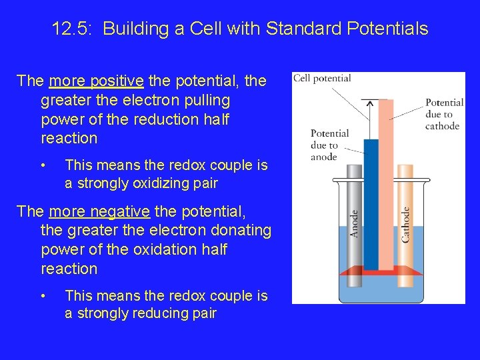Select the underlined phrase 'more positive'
96,81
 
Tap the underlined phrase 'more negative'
99,212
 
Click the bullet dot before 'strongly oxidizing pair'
42,165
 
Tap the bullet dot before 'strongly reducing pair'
42,295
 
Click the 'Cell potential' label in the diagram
322,79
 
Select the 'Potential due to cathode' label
444,114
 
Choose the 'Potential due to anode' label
329,145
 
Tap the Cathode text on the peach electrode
405,225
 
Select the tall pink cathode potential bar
385,180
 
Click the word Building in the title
134,29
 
